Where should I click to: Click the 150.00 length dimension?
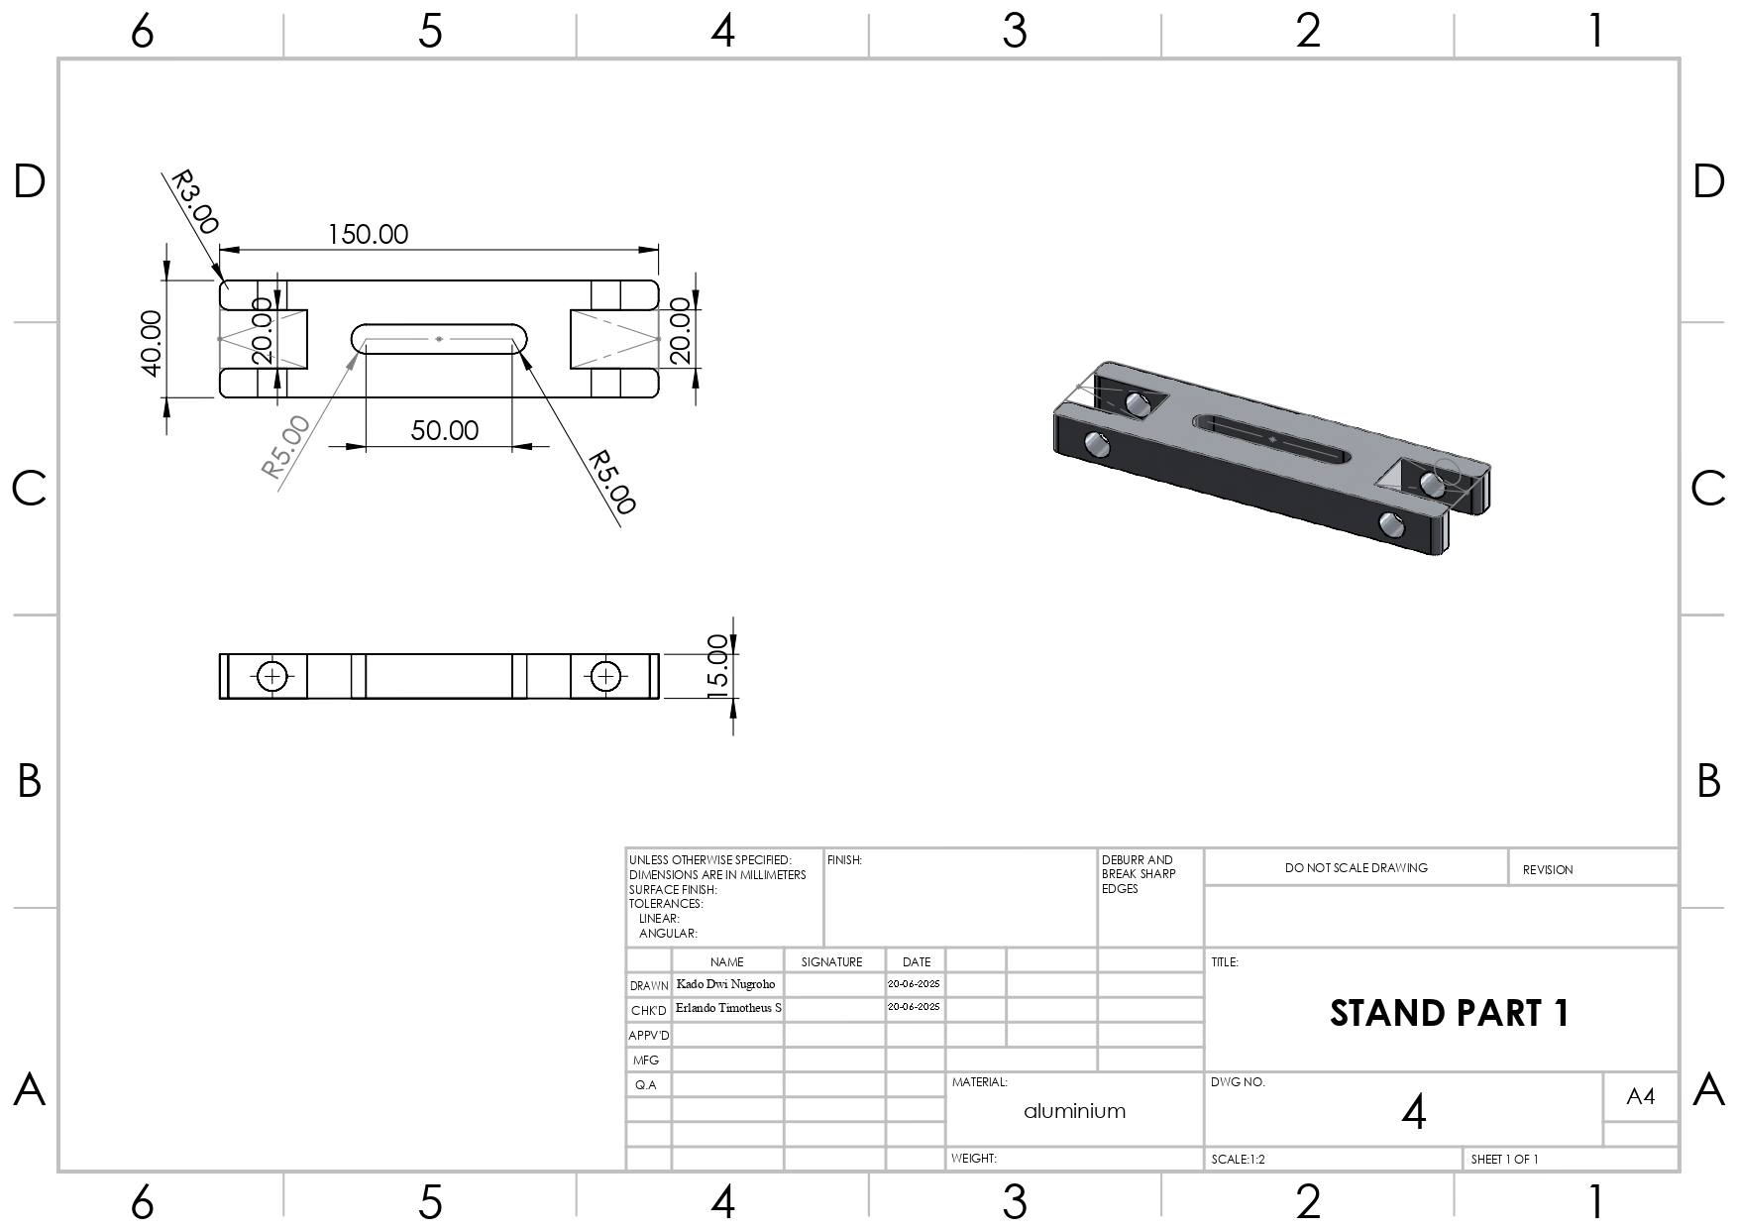(x=368, y=235)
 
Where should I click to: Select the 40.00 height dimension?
(x=151, y=342)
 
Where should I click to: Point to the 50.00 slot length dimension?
(x=444, y=430)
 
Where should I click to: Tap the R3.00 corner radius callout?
(x=194, y=202)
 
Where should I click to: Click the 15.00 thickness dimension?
(x=719, y=666)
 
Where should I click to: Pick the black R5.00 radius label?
(x=610, y=483)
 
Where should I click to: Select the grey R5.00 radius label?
(x=286, y=447)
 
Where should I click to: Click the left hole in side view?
(x=272, y=676)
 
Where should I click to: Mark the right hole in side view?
(x=604, y=676)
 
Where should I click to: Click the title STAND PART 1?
(x=1449, y=1013)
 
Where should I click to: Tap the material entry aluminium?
(x=1074, y=1111)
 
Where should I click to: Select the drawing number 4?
(x=1413, y=1113)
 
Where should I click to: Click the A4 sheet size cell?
(x=1640, y=1096)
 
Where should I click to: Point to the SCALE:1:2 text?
(x=1238, y=1159)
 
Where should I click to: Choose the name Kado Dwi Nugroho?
(x=725, y=984)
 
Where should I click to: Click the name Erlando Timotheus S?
(x=728, y=1008)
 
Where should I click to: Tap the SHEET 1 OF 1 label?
(x=1504, y=1159)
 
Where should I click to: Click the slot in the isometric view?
(x=1271, y=438)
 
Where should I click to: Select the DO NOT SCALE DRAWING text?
(x=1356, y=867)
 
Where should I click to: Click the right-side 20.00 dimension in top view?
(x=680, y=332)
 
